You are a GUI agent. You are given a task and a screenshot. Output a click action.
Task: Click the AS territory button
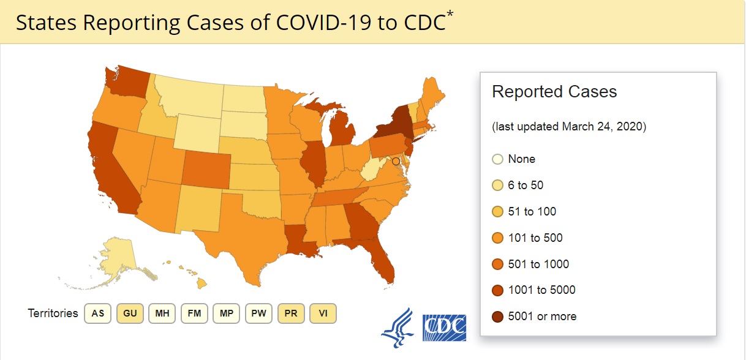(x=97, y=313)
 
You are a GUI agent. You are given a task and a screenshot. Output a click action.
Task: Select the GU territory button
(x=130, y=313)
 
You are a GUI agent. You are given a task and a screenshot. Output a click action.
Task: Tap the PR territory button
(x=291, y=313)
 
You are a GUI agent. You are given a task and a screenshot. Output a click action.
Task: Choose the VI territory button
(x=323, y=313)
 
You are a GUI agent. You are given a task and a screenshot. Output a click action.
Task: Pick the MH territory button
(x=162, y=313)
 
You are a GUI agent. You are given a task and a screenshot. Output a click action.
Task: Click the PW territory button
(x=258, y=313)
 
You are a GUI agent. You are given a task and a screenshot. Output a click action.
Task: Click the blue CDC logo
(x=444, y=328)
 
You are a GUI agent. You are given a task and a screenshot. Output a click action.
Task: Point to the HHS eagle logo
(x=398, y=328)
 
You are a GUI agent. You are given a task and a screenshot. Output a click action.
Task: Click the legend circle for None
(x=497, y=159)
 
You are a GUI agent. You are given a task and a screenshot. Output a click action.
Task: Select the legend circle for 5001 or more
(x=497, y=317)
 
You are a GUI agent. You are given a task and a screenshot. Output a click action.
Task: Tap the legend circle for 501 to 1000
(x=497, y=264)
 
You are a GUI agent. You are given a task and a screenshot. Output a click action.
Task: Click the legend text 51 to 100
(x=532, y=211)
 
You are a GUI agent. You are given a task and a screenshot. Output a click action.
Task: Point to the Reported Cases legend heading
(x=554, y=92)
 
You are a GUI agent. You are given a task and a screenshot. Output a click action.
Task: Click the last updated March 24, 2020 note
(x=569, y=127)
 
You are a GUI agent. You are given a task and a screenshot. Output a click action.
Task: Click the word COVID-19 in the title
(x=323, y=23)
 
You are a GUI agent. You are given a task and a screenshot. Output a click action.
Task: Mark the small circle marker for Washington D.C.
(x=396, y=162)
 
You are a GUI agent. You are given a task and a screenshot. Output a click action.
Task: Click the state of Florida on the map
(x=376, y=257)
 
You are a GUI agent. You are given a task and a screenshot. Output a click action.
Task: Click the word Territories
(x=53, y=313)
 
